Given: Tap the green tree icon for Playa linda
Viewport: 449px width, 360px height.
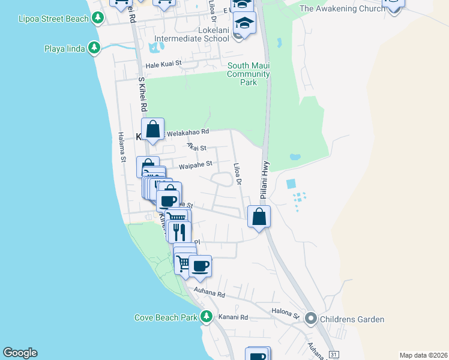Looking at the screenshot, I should (x=94, y=47).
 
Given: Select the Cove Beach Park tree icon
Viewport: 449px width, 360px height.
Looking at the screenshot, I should (x=206, y=316).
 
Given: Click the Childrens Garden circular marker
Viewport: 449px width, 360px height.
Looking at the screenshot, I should (x=310, y=319).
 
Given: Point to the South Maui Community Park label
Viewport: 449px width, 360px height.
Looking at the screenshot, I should (x=248, y=74).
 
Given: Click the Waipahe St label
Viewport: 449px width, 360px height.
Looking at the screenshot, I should (x=196, y=163).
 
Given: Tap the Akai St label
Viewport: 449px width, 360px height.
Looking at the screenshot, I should (x=196, y=147).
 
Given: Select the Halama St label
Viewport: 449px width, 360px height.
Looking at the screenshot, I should (x=121, y=147).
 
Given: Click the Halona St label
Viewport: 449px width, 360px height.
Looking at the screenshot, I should (x=287, y=314).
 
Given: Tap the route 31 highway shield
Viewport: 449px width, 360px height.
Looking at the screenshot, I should (x=334, y=355).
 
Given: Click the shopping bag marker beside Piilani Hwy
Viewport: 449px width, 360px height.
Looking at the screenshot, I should (x=259, y=217).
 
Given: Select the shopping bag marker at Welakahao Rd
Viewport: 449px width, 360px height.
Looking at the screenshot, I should (x=154, y=129).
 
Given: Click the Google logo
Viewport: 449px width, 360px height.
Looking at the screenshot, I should (x=20, y=353).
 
